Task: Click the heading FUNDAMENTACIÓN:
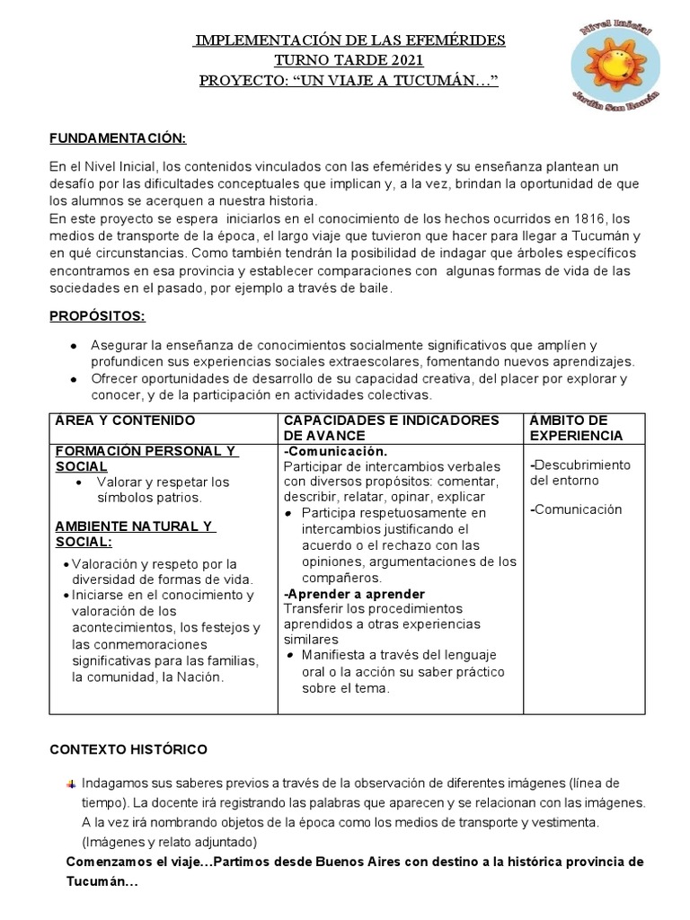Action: [117, 138]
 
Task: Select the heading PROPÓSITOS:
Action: [96, 317]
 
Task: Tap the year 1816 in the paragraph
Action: [579, 219]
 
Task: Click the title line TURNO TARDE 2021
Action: [349, 61]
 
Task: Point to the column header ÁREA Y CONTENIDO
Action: [125, 420]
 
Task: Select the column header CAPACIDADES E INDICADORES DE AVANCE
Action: [391, 428]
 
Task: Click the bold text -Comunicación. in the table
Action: [335, 451]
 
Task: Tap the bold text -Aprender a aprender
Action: [354, 594]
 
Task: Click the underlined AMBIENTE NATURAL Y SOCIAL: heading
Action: [134, 534]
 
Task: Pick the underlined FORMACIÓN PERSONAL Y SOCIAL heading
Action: [146, 458]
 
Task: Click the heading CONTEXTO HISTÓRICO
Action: [128, 749]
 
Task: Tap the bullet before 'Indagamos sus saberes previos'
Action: [72, 783]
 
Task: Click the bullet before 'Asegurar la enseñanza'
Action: [72, 346]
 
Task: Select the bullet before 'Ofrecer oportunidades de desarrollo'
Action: [72, 379]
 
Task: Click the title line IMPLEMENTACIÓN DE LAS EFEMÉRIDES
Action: [349, 41]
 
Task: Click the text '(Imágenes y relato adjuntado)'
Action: [168, 842]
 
